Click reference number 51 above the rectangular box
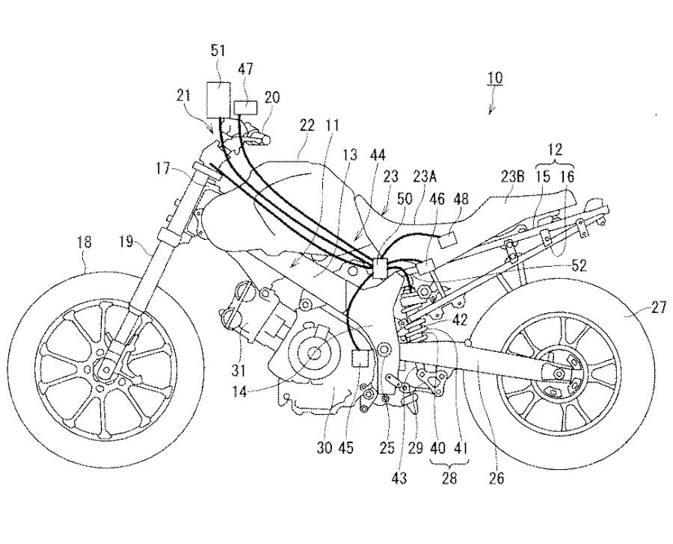pos(219,51)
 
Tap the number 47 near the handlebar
pos(245,69)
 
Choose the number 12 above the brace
pos(554,150)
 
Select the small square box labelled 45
pos(361,356)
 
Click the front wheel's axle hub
pos(104,367)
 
